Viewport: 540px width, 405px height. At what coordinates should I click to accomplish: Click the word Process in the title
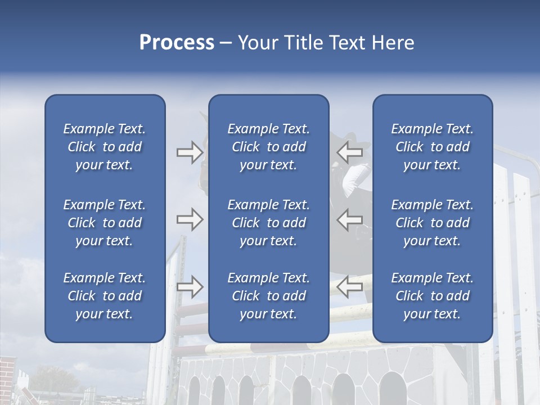(177, 43)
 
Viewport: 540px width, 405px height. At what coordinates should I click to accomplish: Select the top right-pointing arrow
(190, 152)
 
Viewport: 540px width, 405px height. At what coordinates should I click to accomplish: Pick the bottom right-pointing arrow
(190, 286)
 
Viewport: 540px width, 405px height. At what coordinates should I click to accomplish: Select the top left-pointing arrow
(349, 152)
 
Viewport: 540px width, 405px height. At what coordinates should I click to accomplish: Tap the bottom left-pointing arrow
(349, 286)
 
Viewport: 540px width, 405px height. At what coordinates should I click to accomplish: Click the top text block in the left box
(105, 147)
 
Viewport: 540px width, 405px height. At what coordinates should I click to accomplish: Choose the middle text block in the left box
(105, 223)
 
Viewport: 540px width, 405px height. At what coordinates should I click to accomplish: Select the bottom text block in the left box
(105, 296)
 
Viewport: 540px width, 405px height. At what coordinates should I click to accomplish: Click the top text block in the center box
(268, 147)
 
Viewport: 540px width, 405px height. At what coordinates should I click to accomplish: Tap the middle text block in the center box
(268, 223)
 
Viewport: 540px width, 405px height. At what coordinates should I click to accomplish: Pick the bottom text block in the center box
(268, 296)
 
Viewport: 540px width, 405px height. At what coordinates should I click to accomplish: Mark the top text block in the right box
(432, 147)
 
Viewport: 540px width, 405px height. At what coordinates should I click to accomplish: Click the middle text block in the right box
(432, 223)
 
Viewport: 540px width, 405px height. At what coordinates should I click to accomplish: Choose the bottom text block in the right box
(432, 296)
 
